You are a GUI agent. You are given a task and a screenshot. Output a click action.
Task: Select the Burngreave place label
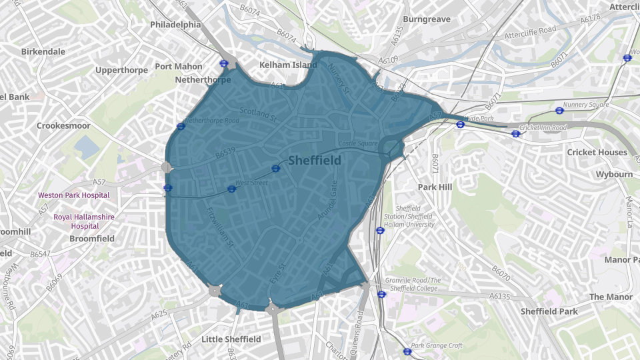tap(427, 19)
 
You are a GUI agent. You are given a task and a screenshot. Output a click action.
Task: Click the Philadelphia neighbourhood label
tap(175, 24)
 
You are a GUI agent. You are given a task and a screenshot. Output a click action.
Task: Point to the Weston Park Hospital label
tap(73, 195)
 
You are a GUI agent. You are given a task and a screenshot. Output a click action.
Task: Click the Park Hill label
tap(435, 187)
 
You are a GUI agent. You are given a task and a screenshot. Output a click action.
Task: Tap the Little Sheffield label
tap(231, 339)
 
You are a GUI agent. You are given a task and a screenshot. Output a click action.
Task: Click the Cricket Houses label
tap(597, 152)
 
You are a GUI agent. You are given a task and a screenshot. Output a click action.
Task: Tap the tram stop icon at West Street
tap(231, 189)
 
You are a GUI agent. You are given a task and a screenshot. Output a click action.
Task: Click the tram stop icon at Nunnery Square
tap(559, 111)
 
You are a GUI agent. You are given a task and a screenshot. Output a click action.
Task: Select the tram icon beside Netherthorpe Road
tap(181, 126)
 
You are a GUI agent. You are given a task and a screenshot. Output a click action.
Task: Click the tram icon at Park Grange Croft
tap(407, 351)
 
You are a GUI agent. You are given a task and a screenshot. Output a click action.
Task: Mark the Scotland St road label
tap(257, 115)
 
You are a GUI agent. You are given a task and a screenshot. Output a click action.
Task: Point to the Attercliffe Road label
tap(529, 32)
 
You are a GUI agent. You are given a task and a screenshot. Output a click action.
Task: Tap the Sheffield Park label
tap(549, 311)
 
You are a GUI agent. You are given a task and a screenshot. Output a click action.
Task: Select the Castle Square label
tap(358, 143)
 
